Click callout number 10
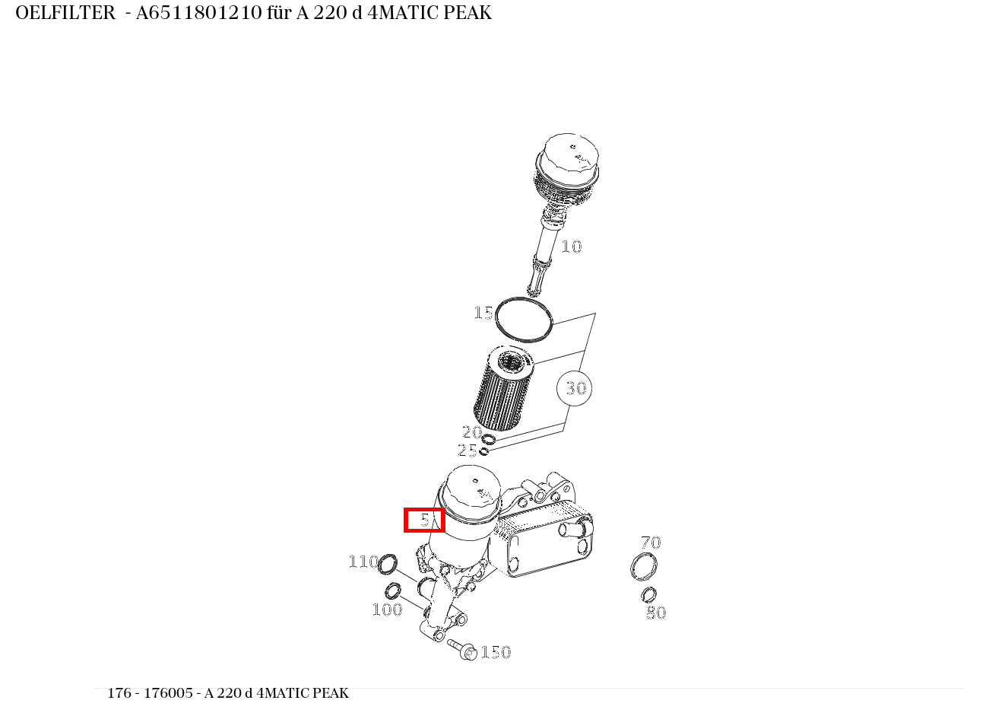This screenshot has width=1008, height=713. click(571, 247)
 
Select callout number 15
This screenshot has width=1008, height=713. click(483, 313)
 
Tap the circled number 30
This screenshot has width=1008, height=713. click(575, 388)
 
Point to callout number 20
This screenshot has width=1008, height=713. click(472, 432)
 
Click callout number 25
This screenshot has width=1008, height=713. click(468, 450)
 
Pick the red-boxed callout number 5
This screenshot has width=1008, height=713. click(424, 520)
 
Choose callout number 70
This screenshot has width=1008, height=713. click(651, 543)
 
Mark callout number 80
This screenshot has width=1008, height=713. click(655, 613)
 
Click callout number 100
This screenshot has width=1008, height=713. click(386, 610)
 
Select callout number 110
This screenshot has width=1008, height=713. click(363, 562)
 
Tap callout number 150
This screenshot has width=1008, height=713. click(496, 652)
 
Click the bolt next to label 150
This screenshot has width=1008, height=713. click(462, 649)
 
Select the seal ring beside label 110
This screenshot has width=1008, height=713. click(388, 565)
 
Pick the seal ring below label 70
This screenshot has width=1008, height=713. click(644, 567)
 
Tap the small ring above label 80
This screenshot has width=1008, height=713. click(648, 594)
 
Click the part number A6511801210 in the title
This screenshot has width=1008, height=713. click(198, 13)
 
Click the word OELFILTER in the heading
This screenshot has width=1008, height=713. click(65, 13)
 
